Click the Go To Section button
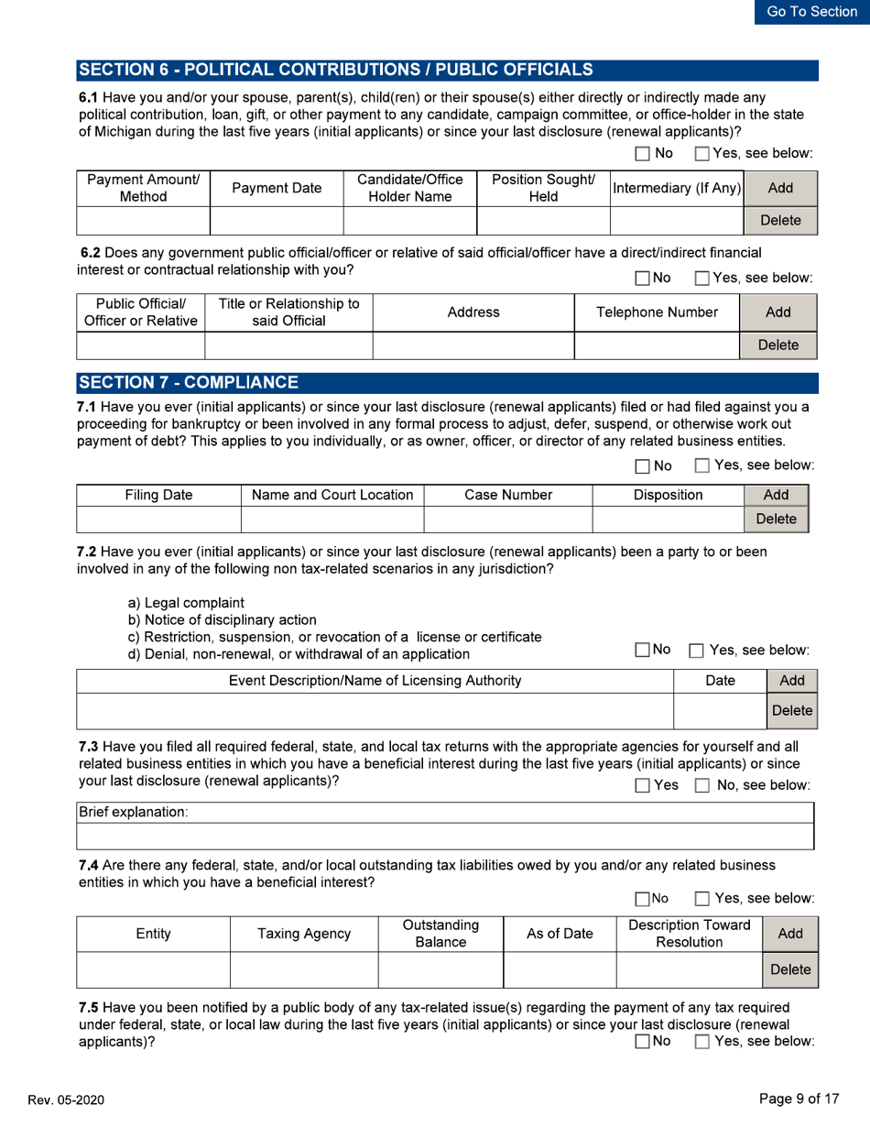point(811,12)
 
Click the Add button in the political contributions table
point(780,187)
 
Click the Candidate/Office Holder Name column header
point(409,188)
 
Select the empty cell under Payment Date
point(277,221)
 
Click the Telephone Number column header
point(657,312)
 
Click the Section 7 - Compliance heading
point(188,382)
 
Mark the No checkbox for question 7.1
point(642,466)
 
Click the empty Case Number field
point(507,520)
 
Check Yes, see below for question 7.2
point(695,650)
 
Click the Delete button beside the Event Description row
point(791,710)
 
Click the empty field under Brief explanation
point(445,837)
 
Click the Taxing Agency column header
point(303,934)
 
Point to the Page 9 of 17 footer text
point(799,1099)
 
